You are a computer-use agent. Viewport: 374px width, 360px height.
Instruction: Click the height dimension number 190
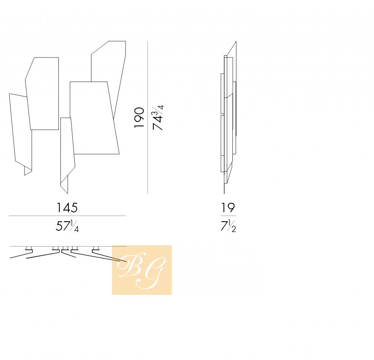(x=139, y=118)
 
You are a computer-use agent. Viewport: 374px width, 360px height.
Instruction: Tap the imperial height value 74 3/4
(x=158, y=117)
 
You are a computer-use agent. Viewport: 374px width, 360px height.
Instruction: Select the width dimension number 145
(x=67, y=208)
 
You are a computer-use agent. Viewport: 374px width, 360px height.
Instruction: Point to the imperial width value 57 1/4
(x=67, y=226)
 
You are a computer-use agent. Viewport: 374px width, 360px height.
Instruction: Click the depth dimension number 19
(x=228, y=208)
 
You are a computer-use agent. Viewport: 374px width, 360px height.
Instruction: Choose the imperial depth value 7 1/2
(x=228, y=226)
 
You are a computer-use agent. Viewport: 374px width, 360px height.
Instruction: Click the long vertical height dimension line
(x=148, y=117)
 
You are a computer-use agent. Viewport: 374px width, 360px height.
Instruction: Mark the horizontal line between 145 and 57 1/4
(x=67, y=216)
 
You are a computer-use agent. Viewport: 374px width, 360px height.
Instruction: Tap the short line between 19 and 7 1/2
(x=228, y=216)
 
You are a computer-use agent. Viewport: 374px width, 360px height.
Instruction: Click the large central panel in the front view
(x=94, y=118)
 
